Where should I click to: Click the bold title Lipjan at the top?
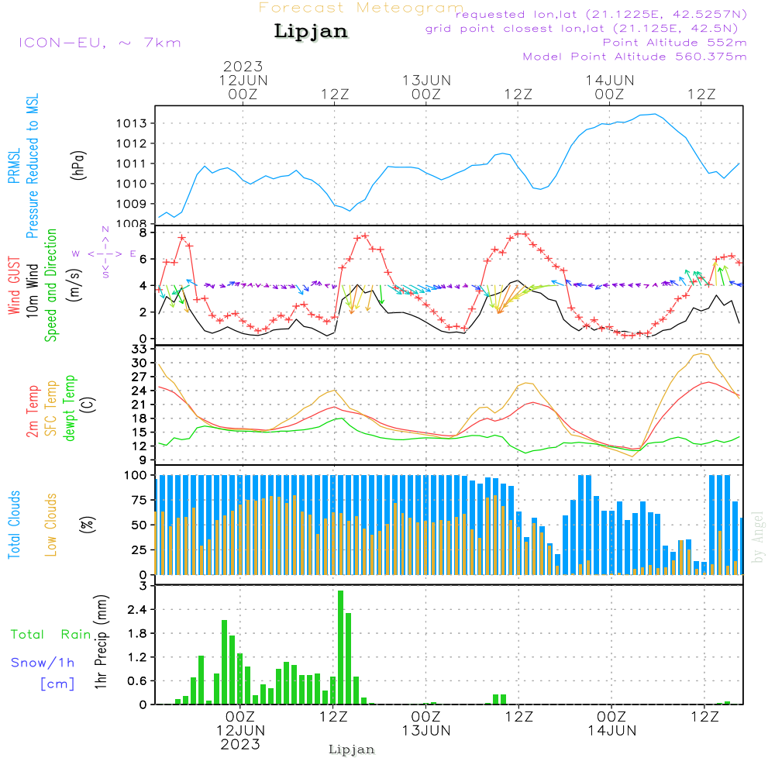click(311, 32)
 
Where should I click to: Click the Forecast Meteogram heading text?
click(361, 9)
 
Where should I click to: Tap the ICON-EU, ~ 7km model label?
click(99, 43)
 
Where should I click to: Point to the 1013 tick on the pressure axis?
click(132, 123)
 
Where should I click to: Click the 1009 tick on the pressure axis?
click(132, 204)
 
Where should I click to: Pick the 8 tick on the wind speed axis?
click(143, 232)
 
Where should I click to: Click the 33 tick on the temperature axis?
click(139, 350)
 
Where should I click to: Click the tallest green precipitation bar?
click(340, 647)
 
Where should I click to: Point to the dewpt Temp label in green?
click(71, 408)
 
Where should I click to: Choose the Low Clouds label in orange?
click(51, 523)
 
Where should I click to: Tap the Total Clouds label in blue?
click(14, 525)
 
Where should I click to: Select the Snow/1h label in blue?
click(43, 663)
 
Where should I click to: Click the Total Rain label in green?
click(51, 635)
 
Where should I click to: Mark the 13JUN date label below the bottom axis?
click(425, 731)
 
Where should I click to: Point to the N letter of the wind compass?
click(105, 230)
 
